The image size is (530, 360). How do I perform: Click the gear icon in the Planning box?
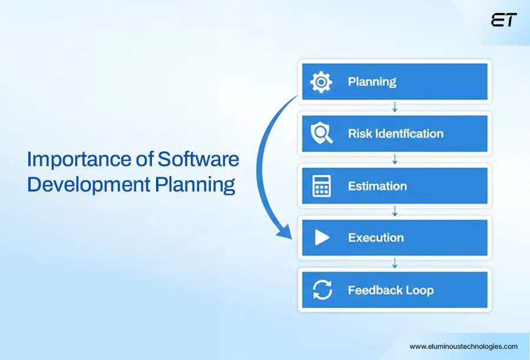coord(321,81)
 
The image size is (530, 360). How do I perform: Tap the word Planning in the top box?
coord(372,81)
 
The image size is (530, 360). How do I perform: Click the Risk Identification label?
coord(395,134)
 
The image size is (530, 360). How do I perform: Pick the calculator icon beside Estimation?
coord(322,186)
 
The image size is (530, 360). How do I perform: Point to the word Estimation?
coord(377,186)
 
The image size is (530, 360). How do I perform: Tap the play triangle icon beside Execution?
coord(322,238)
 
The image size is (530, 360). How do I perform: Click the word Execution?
coord(376,238)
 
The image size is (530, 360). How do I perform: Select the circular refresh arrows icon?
coord(322,290)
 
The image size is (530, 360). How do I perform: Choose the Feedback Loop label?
coord(390,290)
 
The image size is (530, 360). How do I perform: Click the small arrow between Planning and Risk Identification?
coord(395,107)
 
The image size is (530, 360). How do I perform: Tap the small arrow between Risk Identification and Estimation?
coord(395,160)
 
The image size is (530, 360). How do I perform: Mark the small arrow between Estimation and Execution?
coord(395,212)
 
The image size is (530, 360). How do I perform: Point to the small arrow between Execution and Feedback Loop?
coord(395,264)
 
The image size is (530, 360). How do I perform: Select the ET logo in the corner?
coord(503,20)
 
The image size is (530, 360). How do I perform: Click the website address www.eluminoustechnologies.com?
coord(463,346)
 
